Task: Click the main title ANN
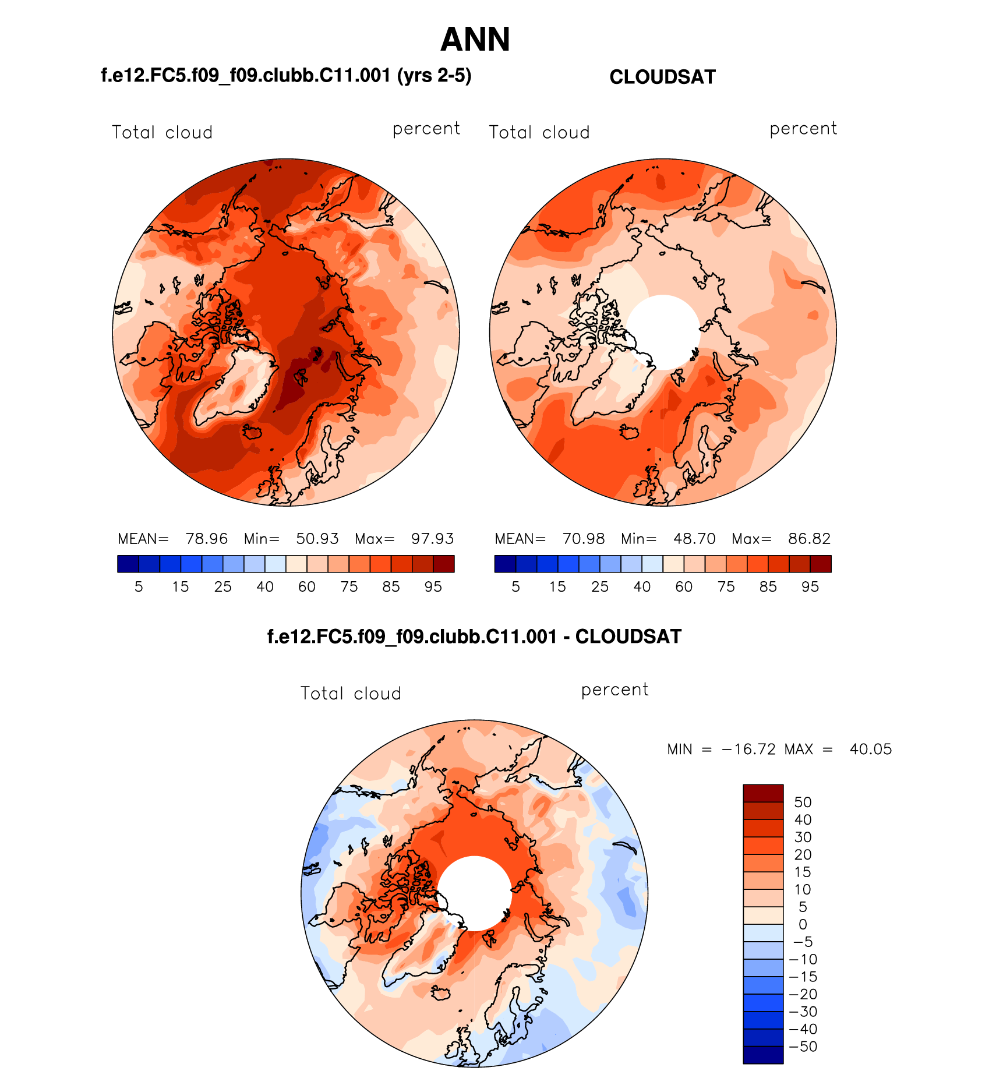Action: [475, 40]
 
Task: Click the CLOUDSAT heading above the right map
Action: [662, 77]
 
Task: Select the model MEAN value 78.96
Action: [206, 539]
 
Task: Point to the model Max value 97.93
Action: [432, 539]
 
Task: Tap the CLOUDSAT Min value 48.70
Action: [694, 539]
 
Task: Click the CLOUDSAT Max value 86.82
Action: [809, 539]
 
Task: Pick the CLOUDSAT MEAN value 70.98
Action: [584, 539]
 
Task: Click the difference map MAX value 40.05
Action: [870, 749]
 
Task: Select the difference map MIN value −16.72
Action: [748, 749]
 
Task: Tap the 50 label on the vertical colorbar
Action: [803, 802]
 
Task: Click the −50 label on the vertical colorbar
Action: [803, 1047]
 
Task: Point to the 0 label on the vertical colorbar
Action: [803, 924]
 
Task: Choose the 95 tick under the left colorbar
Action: [433, 587]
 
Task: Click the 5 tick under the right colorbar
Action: [515, 587]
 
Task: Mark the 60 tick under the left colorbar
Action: [307, 587]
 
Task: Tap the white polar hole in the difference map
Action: [475, 893]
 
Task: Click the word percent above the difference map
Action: [614, 690]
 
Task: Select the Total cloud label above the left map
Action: [162, 133]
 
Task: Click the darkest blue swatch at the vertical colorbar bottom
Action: [763, 1055]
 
